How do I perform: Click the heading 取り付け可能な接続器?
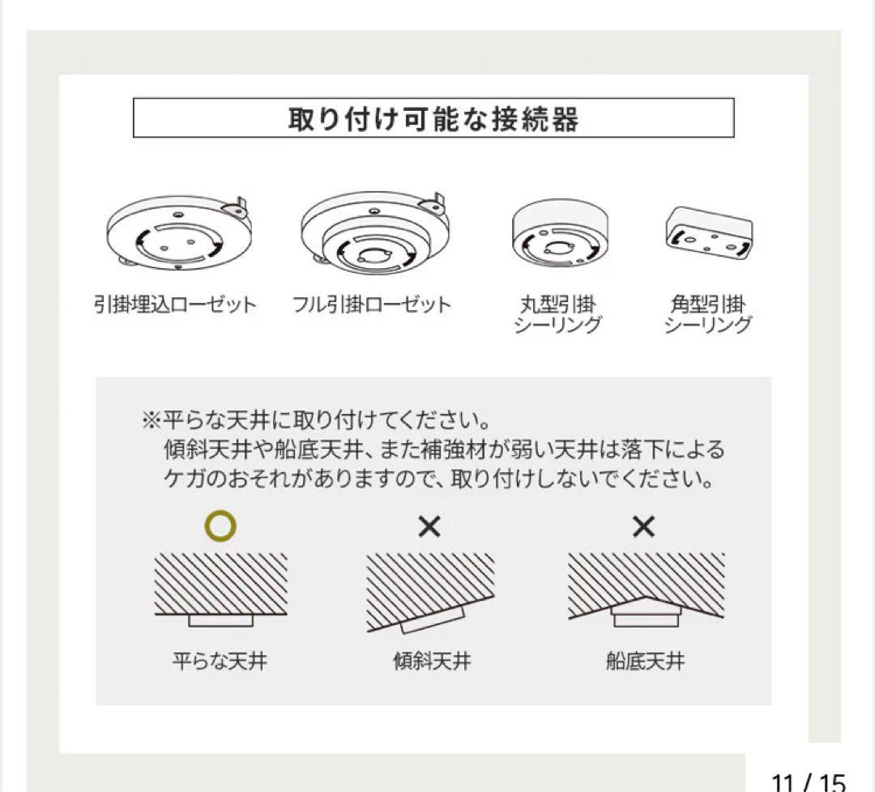tap(433, 119)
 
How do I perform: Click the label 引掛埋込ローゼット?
tap(174, 305)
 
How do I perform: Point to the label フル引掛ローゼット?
tap(372, 305)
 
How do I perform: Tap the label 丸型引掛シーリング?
tap(558, 315)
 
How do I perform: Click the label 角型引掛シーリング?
tap(707, 315)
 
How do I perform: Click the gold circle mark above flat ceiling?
tap(220, 527)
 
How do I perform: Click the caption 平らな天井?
tap(220, 662)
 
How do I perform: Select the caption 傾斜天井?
tap(431, 662)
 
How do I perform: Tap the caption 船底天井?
tap(645, 662)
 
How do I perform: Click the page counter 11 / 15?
tap(808, 782)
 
